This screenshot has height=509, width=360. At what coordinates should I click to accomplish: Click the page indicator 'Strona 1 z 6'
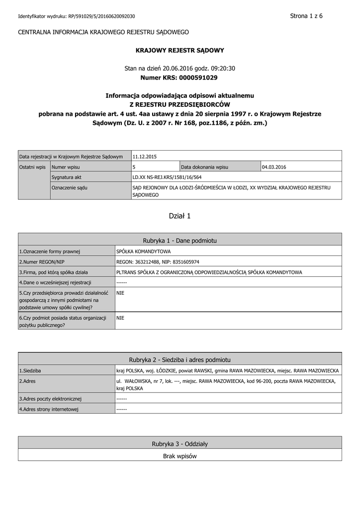(x=306, y=16)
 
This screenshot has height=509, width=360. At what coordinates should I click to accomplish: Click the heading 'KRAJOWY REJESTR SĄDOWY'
(x=180, y=50)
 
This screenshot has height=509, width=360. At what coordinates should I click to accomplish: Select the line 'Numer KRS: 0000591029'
(x=180, y=78)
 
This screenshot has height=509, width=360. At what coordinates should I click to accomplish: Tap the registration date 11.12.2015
(x=145, y=157)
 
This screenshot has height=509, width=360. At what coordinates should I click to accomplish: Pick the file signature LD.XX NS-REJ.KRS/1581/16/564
(x=167, y=177)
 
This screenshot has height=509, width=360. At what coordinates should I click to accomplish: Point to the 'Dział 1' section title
(x=180, y=216)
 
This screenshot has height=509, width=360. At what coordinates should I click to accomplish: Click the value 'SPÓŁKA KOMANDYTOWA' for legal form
(x=143, y=252)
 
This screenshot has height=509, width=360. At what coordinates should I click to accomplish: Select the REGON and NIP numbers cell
(x=158, y=262)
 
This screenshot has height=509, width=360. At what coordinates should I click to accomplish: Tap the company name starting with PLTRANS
(x=209, y=272)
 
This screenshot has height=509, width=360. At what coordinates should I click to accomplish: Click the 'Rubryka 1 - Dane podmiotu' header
(x=180, y=241)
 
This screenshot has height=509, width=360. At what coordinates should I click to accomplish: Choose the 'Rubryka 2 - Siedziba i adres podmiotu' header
(x=180, y=359)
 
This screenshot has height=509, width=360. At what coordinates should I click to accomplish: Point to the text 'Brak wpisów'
(x=180, y=456)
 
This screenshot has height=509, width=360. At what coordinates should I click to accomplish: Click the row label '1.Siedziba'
(x=30, y=371)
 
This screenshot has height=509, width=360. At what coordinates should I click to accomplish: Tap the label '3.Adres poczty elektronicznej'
(x=50, y=399)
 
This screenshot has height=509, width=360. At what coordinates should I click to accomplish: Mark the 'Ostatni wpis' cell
(x=33, y=167)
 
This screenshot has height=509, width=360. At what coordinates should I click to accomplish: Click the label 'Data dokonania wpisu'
(x=205, y=167)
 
